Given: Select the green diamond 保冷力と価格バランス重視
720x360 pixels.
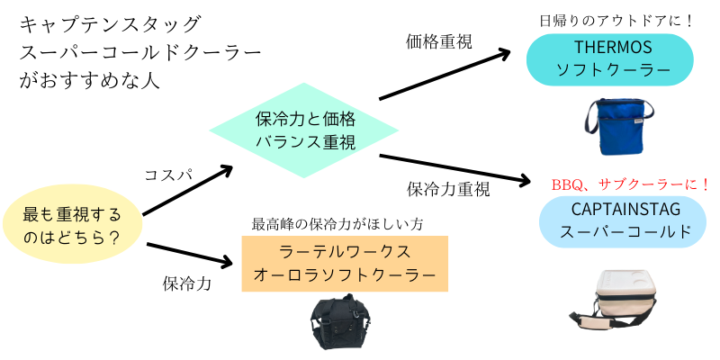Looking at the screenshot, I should (305, 130).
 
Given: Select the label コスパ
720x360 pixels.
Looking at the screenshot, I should (169, 175).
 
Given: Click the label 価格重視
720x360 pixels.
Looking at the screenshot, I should (439, 40).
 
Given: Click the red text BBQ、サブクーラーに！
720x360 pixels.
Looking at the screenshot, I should (631, 184).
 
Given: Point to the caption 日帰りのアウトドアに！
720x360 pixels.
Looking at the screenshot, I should (617, 20).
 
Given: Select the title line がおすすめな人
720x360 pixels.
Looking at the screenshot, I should (89, 79).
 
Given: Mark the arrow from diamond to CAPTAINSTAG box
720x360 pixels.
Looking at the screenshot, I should (454, 168).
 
